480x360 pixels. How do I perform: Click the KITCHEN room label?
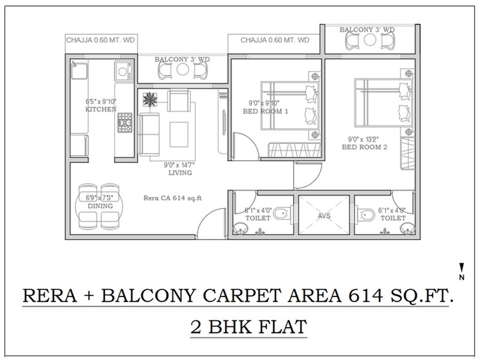pyautogui.click(x=96, y=110)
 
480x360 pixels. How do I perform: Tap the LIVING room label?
pyautogui.click(x=180, y=173)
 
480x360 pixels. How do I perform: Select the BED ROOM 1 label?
pyautogui.click(x=265, y=112)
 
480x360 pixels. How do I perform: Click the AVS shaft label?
pyautogui.click(x=323, y=217)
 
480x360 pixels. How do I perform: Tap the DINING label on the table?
pyautogui.click(x=100, y=205)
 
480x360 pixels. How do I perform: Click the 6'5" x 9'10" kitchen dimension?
pyautogui.click(x=98, y=102)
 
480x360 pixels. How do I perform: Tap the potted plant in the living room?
pyautogui.click(x=148, y=99)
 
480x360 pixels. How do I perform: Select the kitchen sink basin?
pyautogui.click(x=122, y=71)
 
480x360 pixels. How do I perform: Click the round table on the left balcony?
pyautogui.click(x=183, y=71)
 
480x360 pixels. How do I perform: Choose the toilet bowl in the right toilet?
pyautogui.click(x=364, y=212)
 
